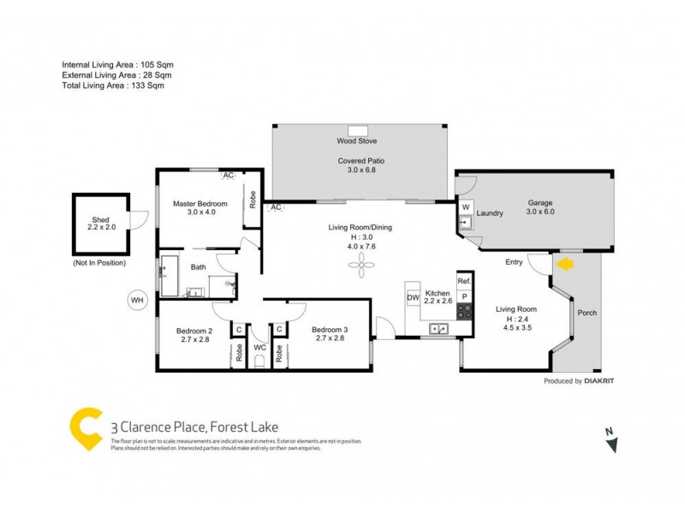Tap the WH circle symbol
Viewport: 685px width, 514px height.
pyautogui.click(x=136, y=300)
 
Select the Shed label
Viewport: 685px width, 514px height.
pyautogui.click(x=99, y=220)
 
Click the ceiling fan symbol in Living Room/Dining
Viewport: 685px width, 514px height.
pyautogui.click(x=360, y=267)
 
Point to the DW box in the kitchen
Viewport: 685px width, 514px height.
pyautogui.click(x=412, y=297)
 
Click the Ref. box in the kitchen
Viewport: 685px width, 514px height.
pyautogui.click(x=463, y=281)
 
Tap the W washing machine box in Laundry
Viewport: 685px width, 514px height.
pyautogui.click(x=466, y=207)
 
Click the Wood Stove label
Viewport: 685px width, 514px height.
pyautogui.click(x=356, y=140)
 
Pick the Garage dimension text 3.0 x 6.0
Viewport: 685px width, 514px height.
pyautogui.click(x=539, y=212)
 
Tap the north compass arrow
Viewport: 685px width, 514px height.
pyautogui.click(x=611, y=442)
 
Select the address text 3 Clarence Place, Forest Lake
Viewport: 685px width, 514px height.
pyautogui.click(x=194, y=426)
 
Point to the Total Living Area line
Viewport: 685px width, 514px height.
pyautogui.click(x=113, y=86)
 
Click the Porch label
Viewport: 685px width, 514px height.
pyautogui.click(x=587, y=313)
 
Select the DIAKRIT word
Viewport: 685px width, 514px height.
pyautogui.click(x=603, y=380)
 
